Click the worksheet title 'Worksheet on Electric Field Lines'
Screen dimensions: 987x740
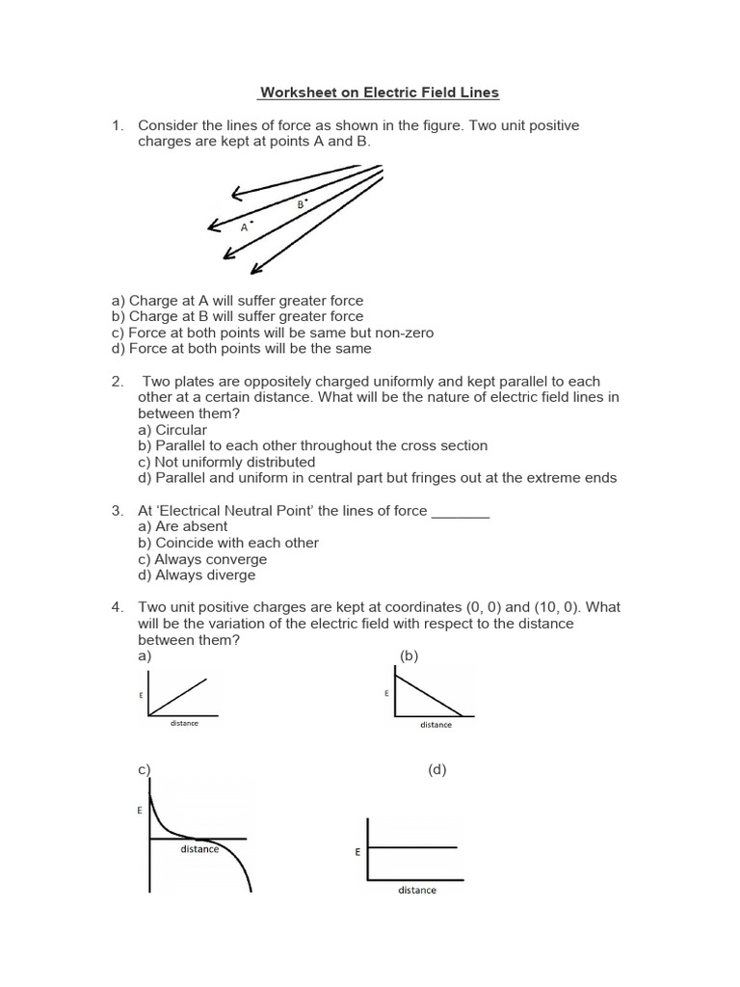379,93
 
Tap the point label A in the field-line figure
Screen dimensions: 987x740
245,227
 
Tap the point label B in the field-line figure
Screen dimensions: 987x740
301,204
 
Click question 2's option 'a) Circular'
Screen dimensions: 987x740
172,429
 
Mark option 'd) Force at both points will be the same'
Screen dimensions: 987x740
241,349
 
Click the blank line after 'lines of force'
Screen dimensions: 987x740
461,511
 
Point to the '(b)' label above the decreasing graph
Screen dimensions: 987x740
410,655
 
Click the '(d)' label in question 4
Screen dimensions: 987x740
436,769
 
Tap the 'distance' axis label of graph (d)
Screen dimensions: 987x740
417,890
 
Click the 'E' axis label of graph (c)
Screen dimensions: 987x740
140,811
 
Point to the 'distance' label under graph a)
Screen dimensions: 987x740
184,723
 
